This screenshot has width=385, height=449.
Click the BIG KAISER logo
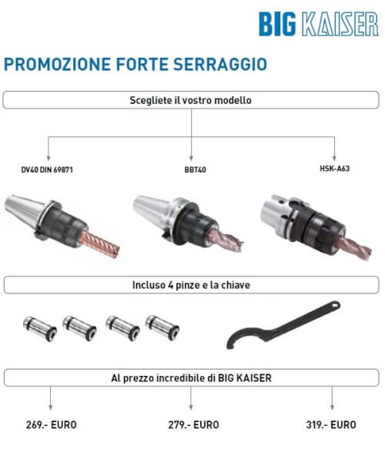(319, 24)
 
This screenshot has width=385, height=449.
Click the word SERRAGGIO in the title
(220, 64)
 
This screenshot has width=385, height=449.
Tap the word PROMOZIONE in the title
(57, 64)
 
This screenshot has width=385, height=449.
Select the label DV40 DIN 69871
(47, 169)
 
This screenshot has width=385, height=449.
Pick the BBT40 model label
(196, 169)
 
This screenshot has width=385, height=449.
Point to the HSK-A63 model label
(335, 169)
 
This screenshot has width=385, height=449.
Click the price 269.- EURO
(52, 424)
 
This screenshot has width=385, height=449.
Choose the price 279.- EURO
(194, 424)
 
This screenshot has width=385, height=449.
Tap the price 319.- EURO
(331, 424)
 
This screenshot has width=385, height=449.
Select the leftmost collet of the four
(40, 328)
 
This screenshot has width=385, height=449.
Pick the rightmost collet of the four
(162, 327)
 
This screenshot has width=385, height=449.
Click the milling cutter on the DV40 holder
(99, 244)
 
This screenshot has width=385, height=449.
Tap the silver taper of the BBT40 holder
(152, 208)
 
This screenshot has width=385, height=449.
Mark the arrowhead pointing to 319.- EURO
(332, 407)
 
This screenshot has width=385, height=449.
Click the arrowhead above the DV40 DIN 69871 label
(49, 158)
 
